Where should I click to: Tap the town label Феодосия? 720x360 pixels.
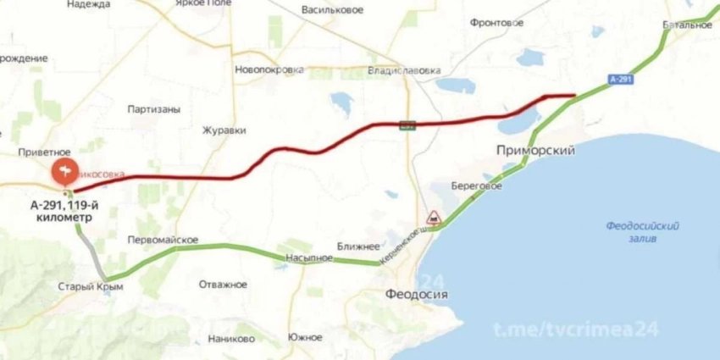(413, 295)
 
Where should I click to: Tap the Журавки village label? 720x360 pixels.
(224, 131)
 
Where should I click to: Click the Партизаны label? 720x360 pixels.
(152, 109)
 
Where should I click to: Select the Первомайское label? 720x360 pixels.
(162, 240)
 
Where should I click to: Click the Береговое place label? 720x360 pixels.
(476, 186)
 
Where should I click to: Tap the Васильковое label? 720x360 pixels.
(332, 10)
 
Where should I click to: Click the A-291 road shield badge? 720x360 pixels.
(620, 79)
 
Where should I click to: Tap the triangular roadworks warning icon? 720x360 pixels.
(432, 217)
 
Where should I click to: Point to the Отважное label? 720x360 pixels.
(224, 285)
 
